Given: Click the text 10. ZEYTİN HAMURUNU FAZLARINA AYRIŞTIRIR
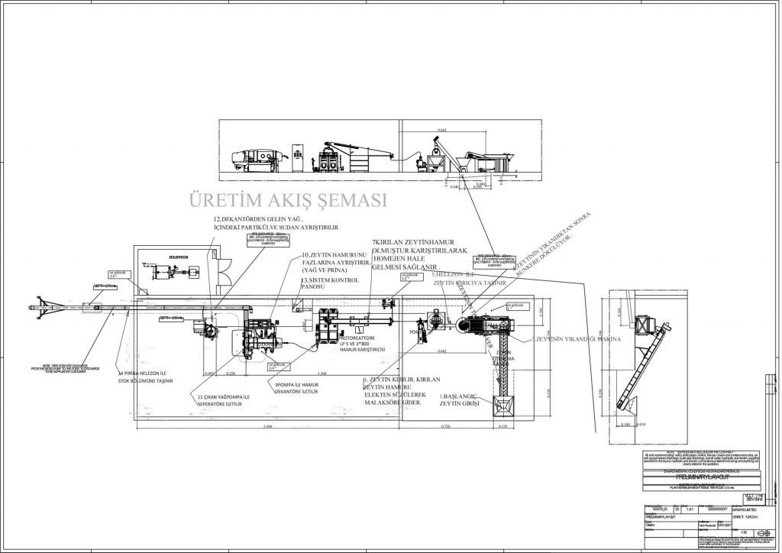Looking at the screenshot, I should (337, 262).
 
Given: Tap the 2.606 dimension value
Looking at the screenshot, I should (267, 426).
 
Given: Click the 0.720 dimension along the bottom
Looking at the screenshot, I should (448, 426).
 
